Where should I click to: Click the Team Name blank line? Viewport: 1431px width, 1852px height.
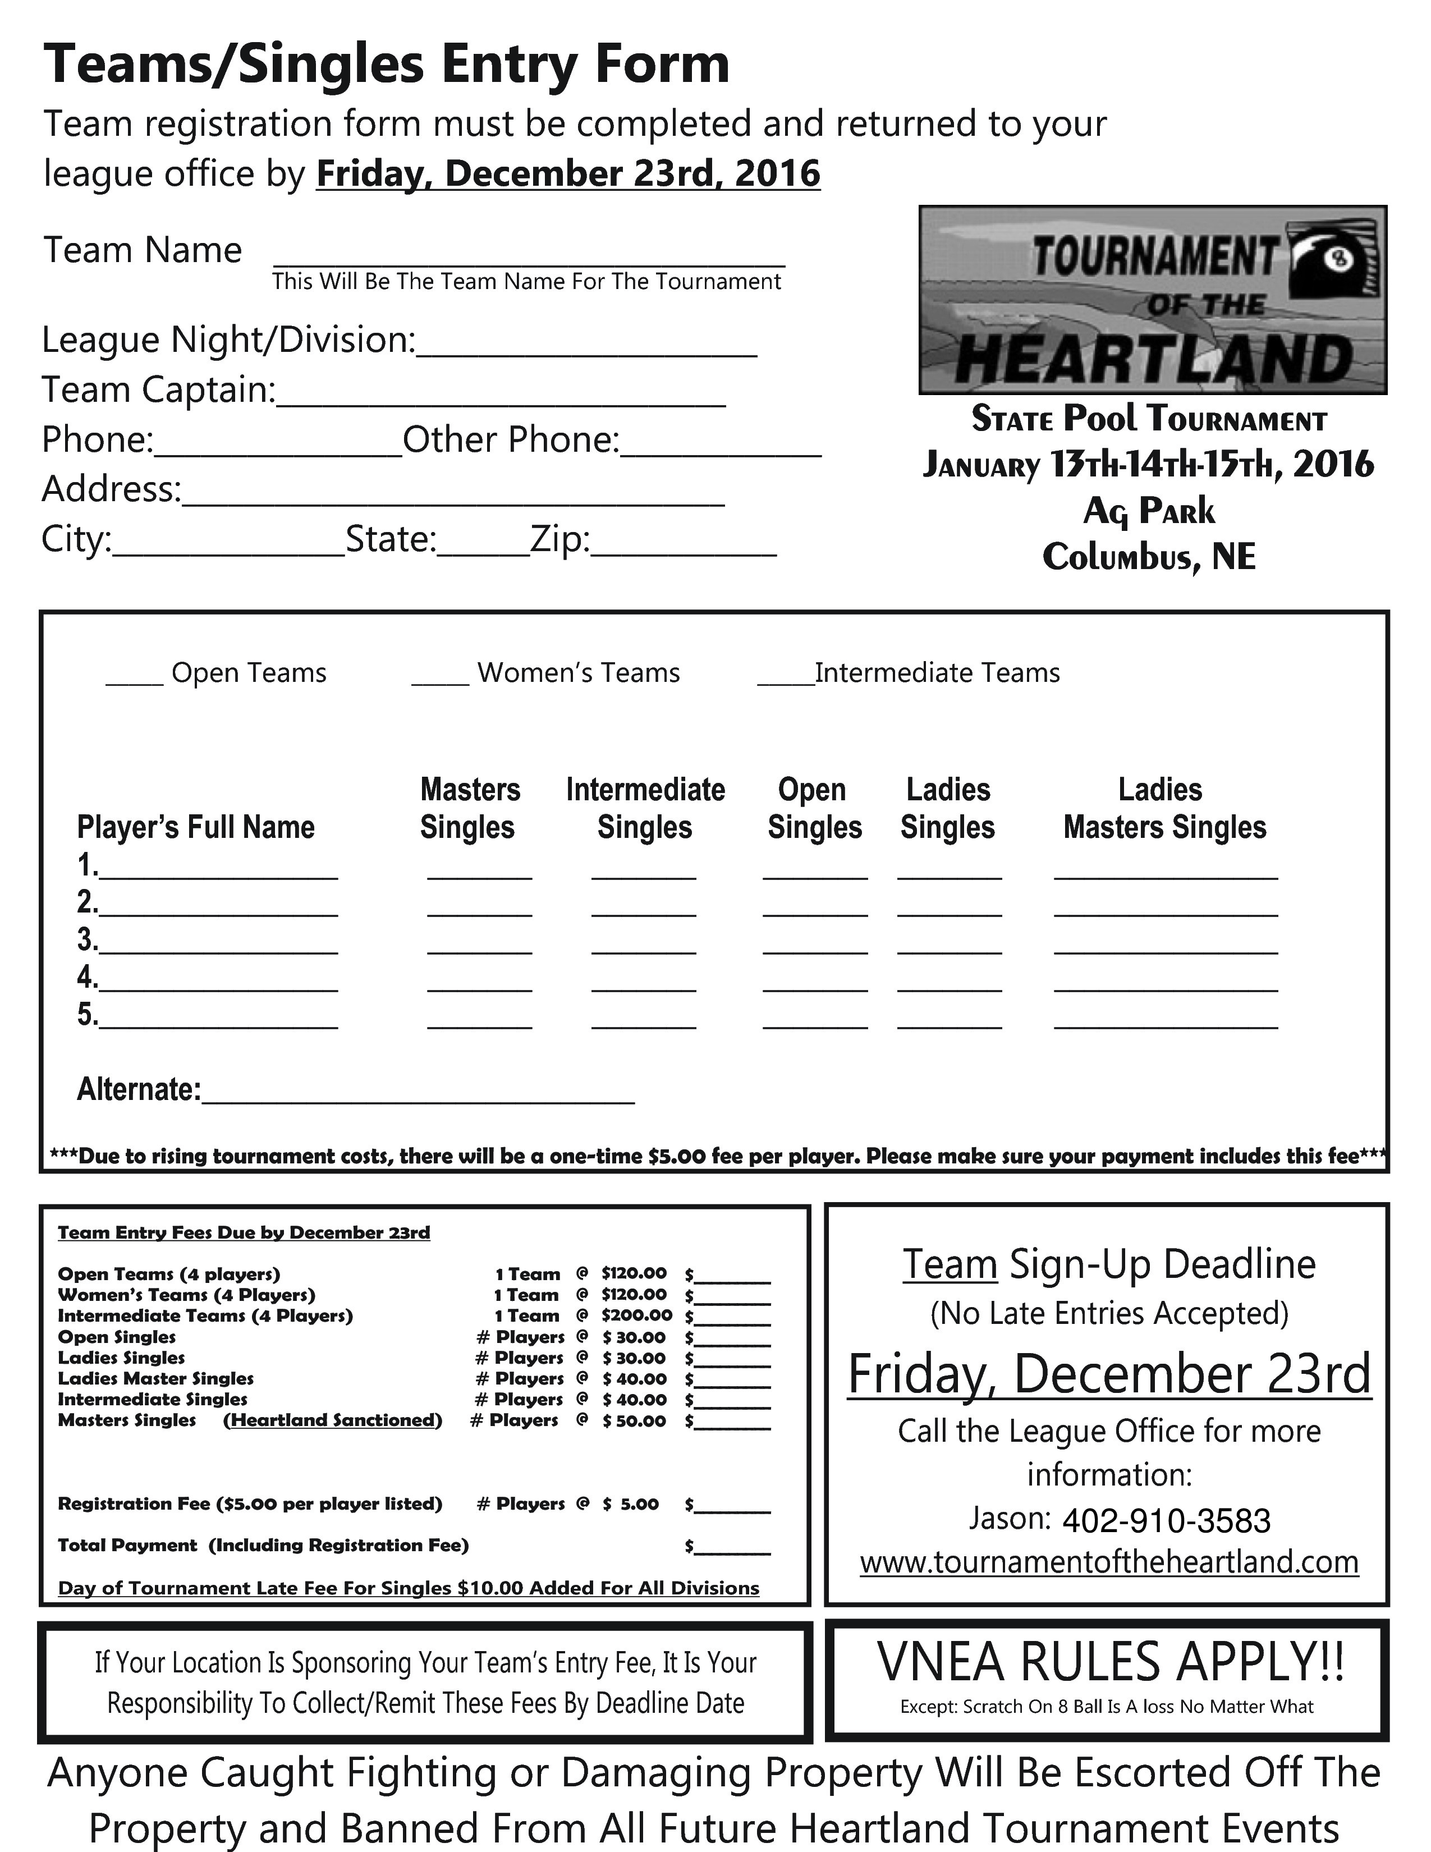click(x=528, y=258)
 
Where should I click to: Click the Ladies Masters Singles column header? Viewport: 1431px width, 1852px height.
click(x=1164, y=808)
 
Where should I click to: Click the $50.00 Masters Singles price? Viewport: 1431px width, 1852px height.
click(x=634, y=1420)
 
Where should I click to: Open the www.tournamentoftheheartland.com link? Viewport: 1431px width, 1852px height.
click(x=1109, y=1562)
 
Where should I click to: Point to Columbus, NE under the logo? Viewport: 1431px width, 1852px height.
click(x=1149, y=557)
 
